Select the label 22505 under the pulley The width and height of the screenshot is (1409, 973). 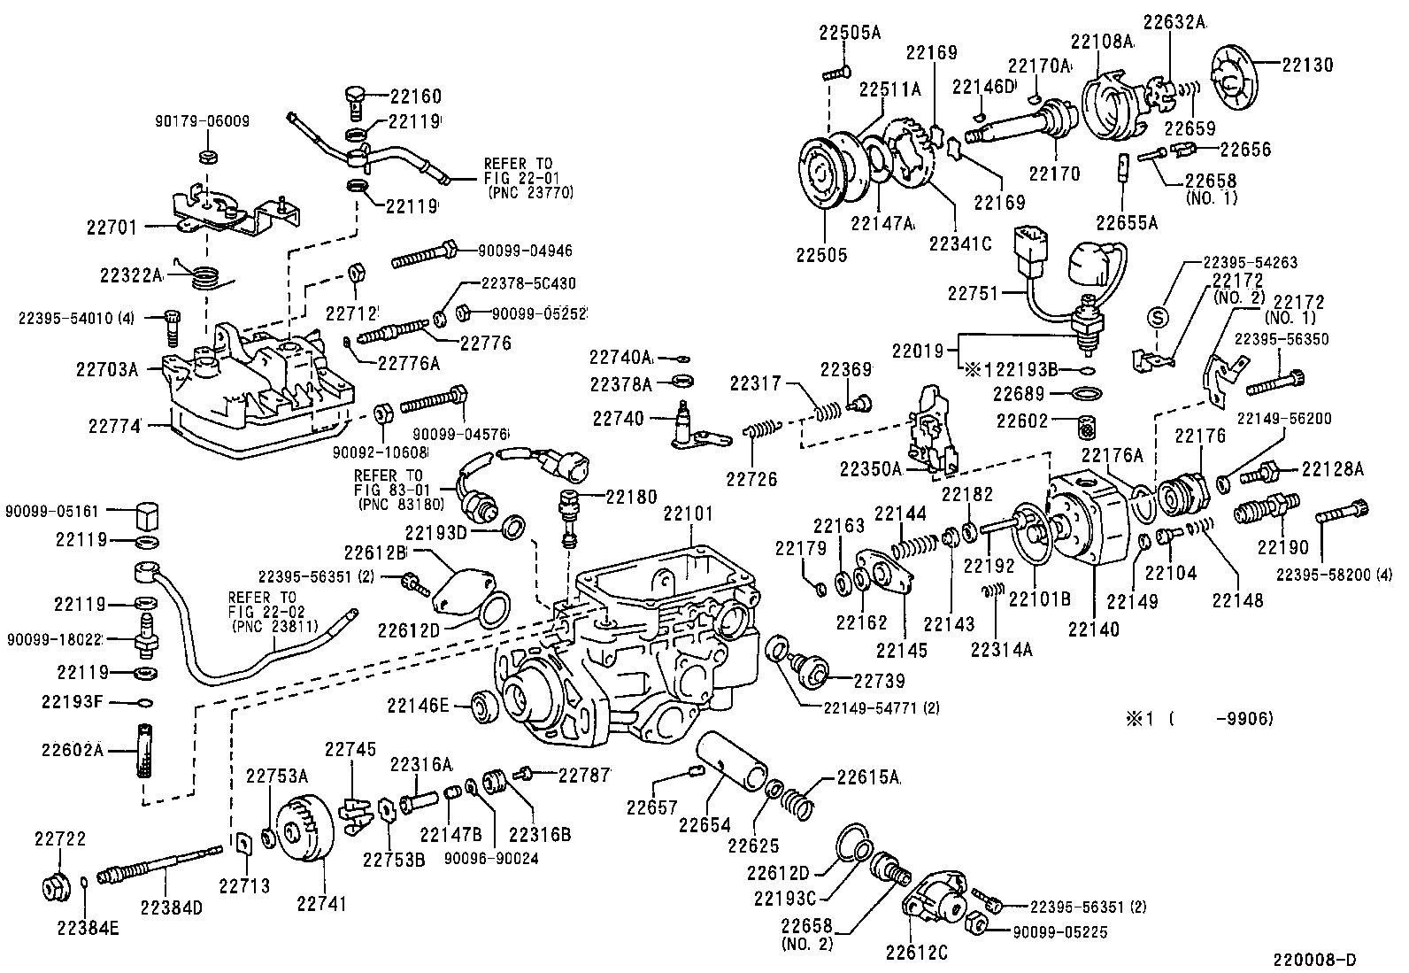(821, 256)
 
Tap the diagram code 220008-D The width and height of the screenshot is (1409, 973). (1314, 960)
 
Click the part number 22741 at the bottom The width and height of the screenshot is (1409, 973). (320, 904)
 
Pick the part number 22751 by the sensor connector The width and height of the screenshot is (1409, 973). (974, 293)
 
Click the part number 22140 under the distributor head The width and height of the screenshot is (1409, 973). (1093, 629)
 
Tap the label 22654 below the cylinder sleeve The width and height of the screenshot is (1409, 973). (704, 825)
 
